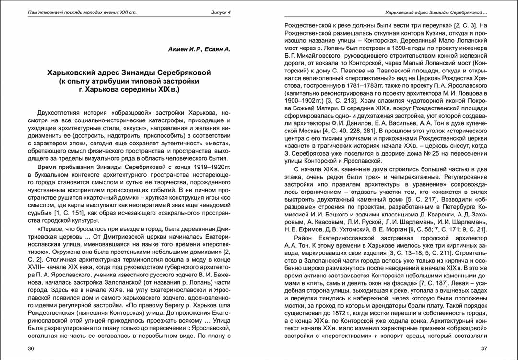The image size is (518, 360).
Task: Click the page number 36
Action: [x=31, y=348]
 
